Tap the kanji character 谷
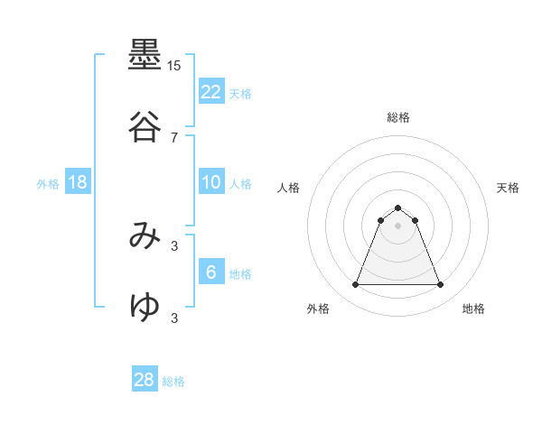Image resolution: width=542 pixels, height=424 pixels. click(145, 127)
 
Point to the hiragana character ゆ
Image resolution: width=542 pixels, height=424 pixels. click(145, 308)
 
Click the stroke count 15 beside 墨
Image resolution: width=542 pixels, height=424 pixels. click(173, 66)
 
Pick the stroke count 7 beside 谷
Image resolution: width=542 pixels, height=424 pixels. click(173, 137)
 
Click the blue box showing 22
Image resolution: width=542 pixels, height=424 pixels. click(211, 92)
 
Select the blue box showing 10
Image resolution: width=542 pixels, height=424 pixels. click(211, 182)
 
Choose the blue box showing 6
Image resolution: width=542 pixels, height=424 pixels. click(211, 272)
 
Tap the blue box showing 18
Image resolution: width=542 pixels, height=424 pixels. click(78, 182)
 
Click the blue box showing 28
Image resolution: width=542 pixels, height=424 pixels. click(145, 380)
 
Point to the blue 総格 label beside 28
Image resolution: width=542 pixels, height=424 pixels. click(173, 382)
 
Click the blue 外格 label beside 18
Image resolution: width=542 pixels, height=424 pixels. click(48, 184)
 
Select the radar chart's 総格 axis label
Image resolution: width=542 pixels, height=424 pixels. click(397, 117)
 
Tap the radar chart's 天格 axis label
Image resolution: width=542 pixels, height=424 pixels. click(508, 188)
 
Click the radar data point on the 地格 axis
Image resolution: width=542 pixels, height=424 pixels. click(440, 285)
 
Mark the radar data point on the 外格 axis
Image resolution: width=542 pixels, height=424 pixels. click(355, 285)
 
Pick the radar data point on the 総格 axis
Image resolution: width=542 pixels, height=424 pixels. click(397, 207)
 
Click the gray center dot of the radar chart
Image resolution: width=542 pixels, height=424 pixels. click(397, 226)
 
